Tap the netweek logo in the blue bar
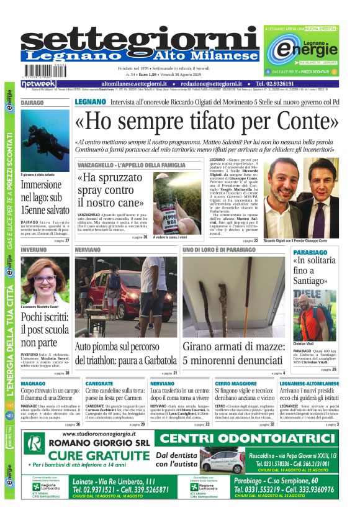(x=39, y=83)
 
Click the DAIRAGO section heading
(x=32, y=102)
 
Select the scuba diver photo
(x=45, y=140)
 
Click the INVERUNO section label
(x=34, y=249)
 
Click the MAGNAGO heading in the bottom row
(x=33, y=384)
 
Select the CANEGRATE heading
(x=99, y=384)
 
